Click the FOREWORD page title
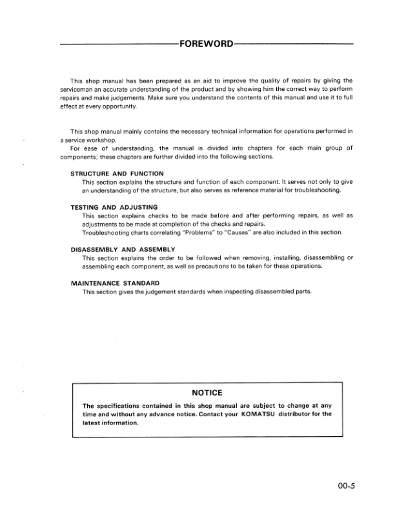[206, 45]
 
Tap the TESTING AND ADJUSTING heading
[114, 207]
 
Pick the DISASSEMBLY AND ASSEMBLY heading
[123, 249]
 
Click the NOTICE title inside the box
[207, 392]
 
